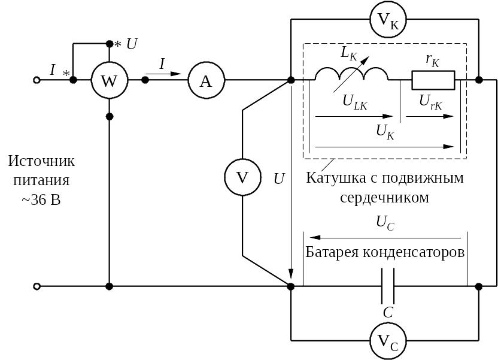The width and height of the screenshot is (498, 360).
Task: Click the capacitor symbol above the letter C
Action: (x=388, y=286)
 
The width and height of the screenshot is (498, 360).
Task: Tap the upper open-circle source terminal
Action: (x=37, y=80)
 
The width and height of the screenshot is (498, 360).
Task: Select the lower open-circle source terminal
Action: (x=37, y=286)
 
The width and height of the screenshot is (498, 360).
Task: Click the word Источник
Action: (x=41, y=161)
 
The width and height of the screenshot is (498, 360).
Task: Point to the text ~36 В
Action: (x=41, y=200)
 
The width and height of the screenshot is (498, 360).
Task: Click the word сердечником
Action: (x=384, y=198)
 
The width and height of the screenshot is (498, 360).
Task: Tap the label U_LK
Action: (x=355, y=102)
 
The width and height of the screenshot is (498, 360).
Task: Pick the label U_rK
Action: (x=430, y=102)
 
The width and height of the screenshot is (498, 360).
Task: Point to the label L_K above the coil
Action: (x=349, y=53)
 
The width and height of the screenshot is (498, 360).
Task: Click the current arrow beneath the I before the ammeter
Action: (x=163, y=74)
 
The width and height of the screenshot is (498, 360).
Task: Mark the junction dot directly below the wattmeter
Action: (x=110, y=117)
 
